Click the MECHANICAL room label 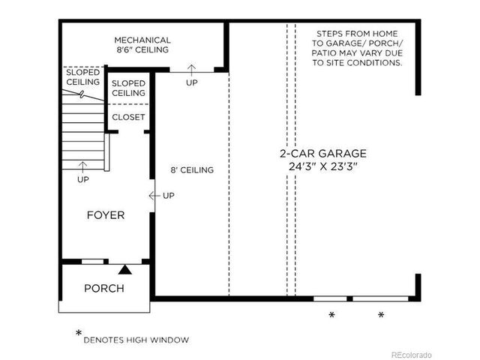(142, 40)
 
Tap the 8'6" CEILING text (142, 50)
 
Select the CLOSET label (128, 118)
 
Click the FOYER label (106, 215)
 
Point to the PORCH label (103, 288)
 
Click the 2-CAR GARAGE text (324, 153)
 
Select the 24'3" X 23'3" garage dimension (324, 166)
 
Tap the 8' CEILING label (193, 170)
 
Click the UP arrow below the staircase (83, 166)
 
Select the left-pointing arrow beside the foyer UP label (154, 196)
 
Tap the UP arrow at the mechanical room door (192, 71)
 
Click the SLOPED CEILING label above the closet (128, 88)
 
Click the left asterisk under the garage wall (331, 315)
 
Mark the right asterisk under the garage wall (381, 315)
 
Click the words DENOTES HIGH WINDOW (136, 340)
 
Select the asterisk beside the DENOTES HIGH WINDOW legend (78, 333)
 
